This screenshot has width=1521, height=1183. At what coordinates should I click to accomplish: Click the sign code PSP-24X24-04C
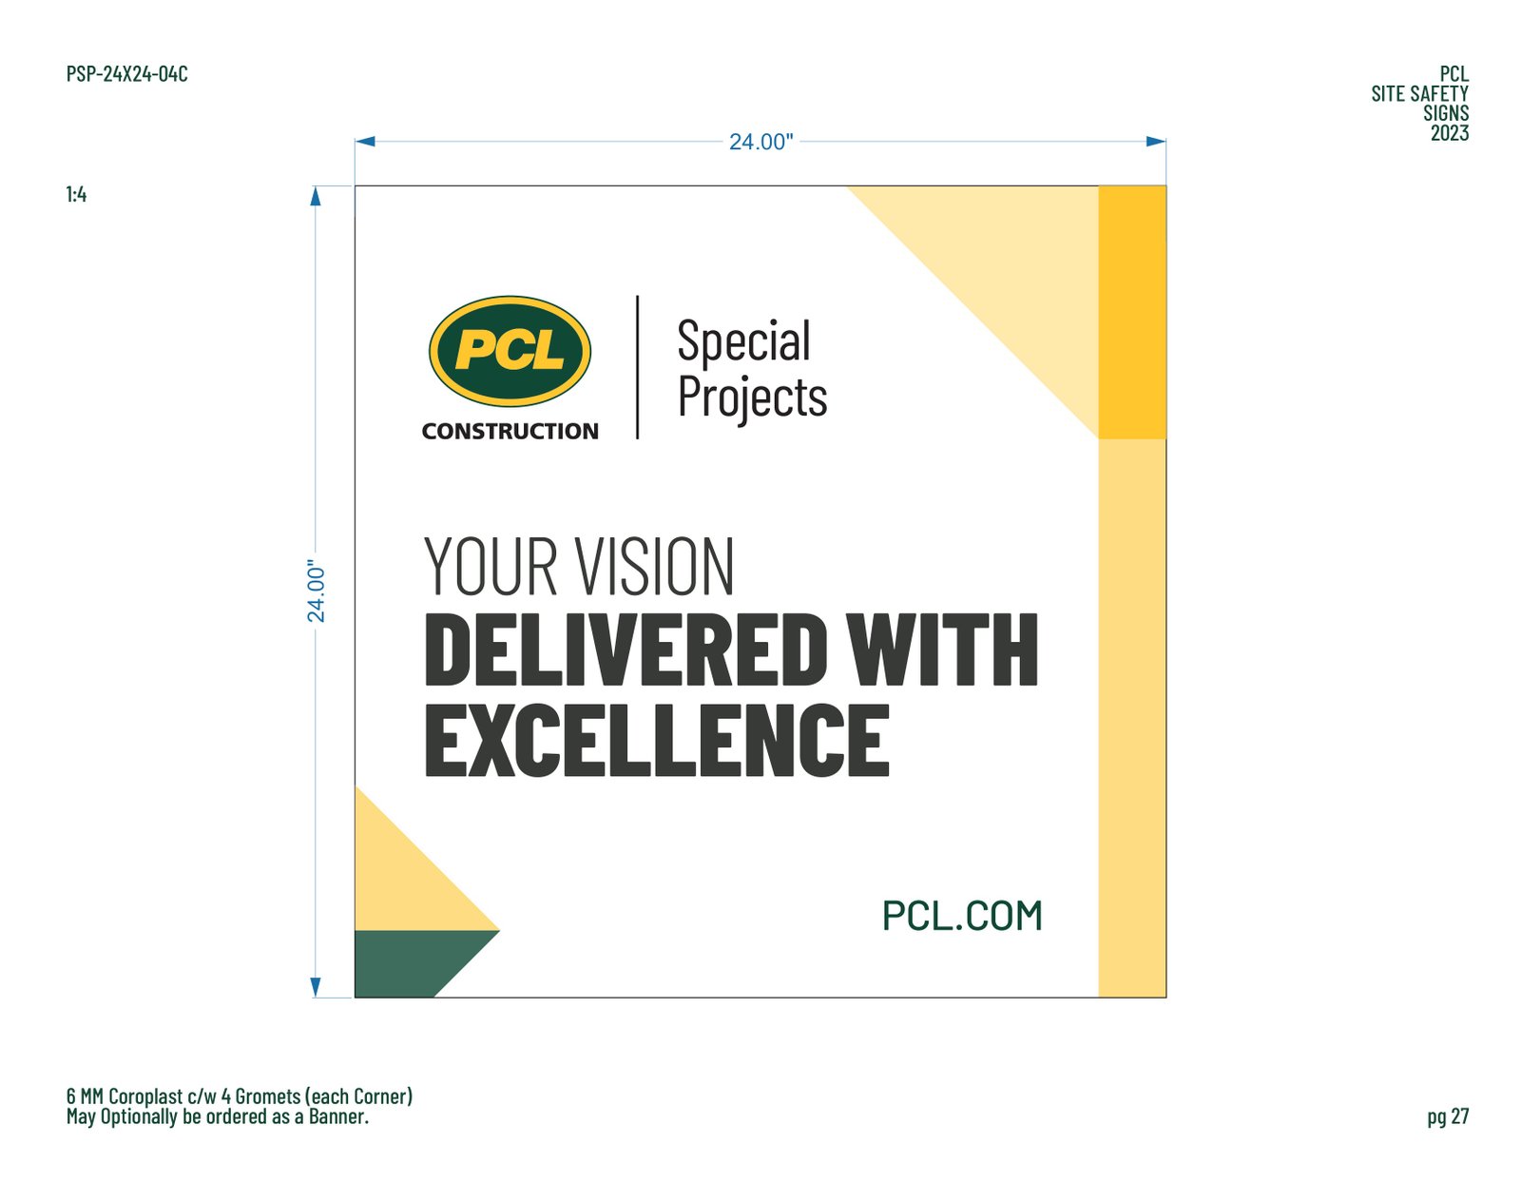(126, 73)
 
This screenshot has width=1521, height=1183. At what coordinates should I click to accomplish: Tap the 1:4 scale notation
(76, 194)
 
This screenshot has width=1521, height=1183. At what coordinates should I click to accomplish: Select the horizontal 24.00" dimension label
(760, 142)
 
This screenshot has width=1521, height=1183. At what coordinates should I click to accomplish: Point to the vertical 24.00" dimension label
(317, 591)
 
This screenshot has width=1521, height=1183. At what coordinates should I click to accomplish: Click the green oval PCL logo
(510, 351)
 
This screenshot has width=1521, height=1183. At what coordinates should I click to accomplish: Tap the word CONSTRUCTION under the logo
(510, 431)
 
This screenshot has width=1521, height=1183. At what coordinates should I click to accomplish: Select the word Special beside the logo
(743, 340)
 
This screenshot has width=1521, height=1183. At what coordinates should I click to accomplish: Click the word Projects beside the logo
(753, 398)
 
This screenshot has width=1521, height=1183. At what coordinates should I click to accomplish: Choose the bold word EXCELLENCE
(657, 741)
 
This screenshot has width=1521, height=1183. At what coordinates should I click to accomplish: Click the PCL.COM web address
(962, 916)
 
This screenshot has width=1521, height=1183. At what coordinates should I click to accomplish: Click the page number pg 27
(1448, 1116)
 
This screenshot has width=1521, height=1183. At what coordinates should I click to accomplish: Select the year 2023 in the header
(1450, 133)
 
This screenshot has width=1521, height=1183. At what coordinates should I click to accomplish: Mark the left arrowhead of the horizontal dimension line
(365, 142)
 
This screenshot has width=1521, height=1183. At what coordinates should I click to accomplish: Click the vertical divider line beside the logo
(637, 367)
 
